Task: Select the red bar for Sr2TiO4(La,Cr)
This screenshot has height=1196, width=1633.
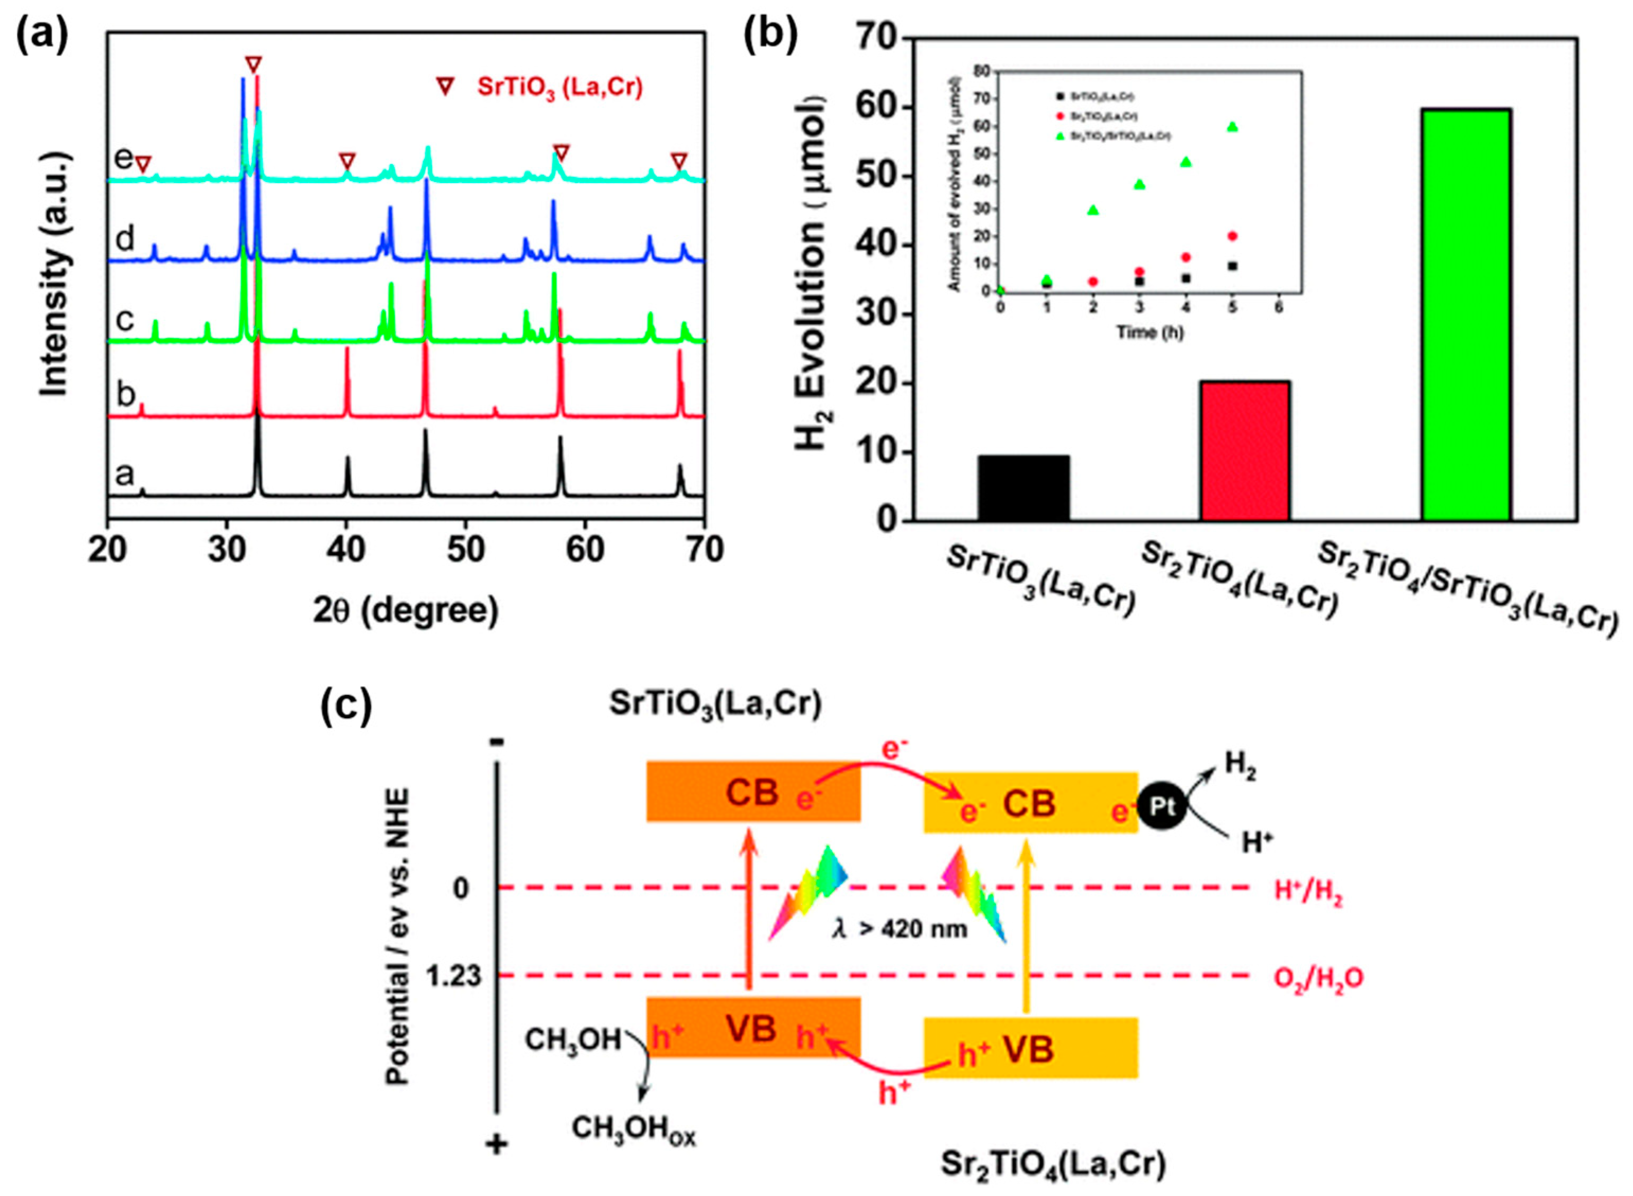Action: [x=1244, y=450]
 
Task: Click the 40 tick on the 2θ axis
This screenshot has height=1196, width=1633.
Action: [x=346, y=550]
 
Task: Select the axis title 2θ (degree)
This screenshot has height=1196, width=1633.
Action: [x=406, y=610]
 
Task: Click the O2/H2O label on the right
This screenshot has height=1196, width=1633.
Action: [x=1318, y=978]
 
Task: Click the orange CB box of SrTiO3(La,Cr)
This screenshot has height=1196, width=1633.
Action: [x=753, y=791]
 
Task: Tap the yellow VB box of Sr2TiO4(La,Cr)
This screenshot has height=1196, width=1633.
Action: [x=1030, y=1048]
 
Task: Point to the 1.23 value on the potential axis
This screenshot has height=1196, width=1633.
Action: [x=453, y=976]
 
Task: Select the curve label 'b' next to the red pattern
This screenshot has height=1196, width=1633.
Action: [x=126, y=395]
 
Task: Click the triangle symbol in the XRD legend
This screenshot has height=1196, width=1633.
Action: [x=445, y=87]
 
